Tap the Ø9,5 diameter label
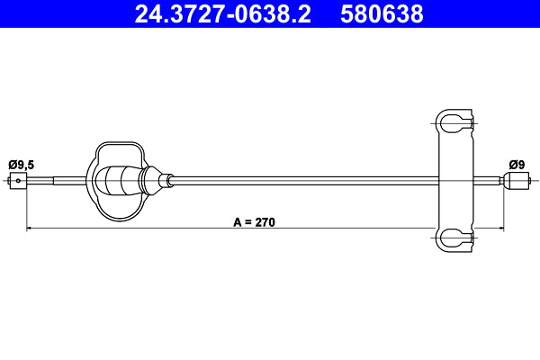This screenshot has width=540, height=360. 21,164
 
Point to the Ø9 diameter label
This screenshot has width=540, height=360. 517,164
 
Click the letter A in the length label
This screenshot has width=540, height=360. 237,220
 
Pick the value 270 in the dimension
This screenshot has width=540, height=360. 264,220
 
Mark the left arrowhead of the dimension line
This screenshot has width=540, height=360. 30,229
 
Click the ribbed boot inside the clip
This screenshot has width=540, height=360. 118,180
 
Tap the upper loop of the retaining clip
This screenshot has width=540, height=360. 117,150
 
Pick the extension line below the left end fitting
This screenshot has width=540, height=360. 27,211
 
